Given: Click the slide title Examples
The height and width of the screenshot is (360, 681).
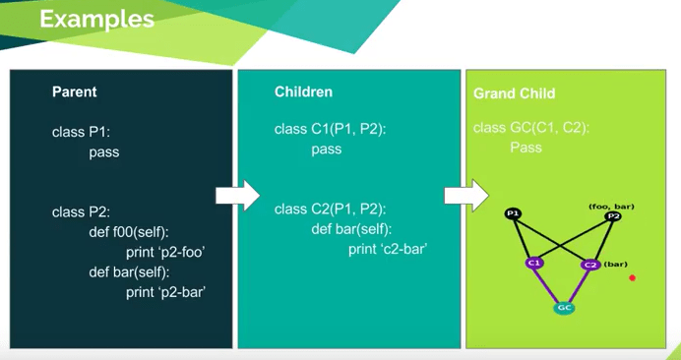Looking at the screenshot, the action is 96,20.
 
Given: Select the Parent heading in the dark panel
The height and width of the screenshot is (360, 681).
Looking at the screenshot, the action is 74,92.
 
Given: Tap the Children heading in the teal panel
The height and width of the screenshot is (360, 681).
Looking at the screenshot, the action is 303,92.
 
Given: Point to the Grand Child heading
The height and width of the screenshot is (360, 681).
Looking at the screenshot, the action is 515,93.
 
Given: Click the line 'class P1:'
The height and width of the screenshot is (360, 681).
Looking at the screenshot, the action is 82,132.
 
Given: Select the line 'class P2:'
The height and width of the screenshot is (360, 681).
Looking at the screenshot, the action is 82,212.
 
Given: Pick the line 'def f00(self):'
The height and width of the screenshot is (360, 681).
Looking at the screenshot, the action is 129,232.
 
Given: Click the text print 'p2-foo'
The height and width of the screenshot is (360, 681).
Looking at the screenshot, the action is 165,253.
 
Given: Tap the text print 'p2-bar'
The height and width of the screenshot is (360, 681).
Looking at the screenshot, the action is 165,293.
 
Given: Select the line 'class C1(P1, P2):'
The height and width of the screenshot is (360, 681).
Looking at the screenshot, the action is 330,130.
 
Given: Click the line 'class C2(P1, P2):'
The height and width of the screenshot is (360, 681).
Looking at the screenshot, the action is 330,210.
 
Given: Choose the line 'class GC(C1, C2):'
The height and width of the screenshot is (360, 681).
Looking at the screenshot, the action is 531,128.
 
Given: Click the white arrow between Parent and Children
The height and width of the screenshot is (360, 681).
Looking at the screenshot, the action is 237,196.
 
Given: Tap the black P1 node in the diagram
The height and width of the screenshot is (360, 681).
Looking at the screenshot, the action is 513,213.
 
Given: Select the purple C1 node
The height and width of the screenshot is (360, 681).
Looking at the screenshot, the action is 533,264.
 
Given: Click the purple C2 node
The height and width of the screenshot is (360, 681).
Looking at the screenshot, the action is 590,265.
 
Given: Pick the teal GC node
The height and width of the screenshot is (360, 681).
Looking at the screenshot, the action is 564,308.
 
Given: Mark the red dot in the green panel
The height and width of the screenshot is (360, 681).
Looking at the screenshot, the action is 633,278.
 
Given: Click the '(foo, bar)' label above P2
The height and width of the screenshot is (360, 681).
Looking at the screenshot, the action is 611,207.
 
